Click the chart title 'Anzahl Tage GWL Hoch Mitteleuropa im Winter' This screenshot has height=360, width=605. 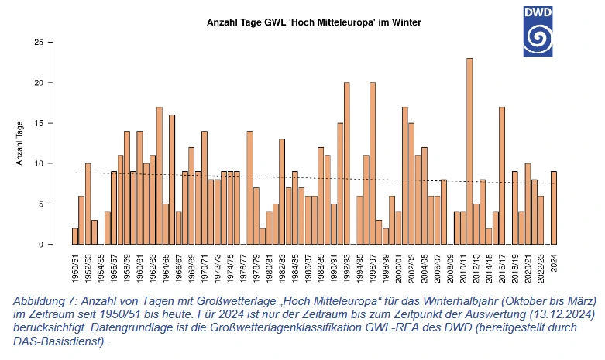pos(314,23)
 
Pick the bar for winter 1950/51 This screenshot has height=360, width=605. pos(75,236)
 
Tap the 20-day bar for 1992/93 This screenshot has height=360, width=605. pos(347,163)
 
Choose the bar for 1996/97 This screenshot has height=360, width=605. pos(373,163)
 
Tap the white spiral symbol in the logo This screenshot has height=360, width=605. pos(548,38)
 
